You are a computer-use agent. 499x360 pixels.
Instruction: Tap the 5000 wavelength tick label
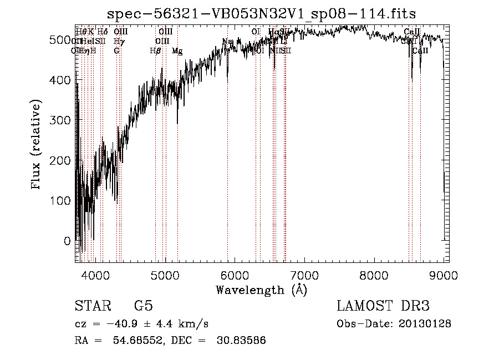[165, 275]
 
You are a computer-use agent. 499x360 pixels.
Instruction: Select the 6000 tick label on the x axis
[235, 275]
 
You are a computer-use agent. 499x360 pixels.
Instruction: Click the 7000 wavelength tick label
[304, 275]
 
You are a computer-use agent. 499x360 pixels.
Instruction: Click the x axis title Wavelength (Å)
[261, 290]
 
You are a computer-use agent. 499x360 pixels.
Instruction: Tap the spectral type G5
[143, 306]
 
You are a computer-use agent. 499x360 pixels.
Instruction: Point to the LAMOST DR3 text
[383, 306]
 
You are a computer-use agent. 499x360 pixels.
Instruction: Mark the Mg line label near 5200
[177, 51]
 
